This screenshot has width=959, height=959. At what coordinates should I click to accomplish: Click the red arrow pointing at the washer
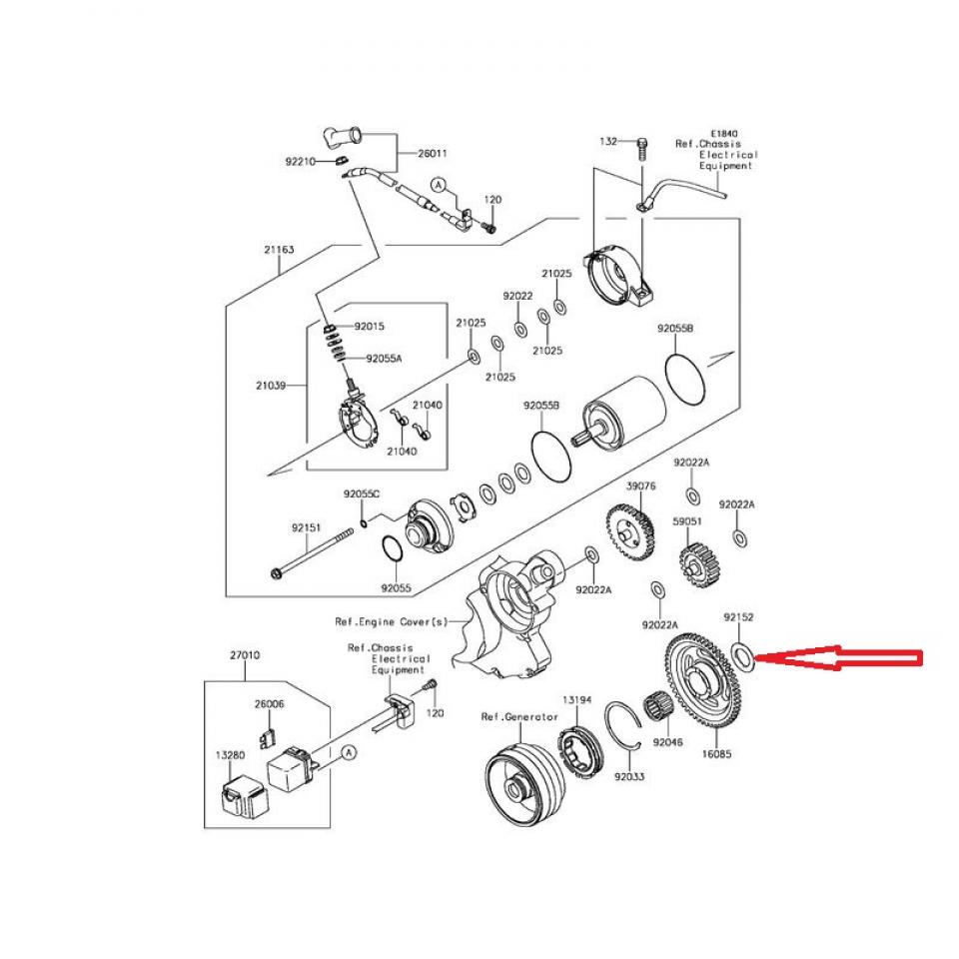coord(839,658)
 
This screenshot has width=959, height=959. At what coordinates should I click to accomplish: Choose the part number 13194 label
coord(577,700)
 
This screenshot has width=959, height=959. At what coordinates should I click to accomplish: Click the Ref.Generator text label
coord(519,716)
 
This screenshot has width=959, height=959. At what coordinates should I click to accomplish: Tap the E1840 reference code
coord(723,132)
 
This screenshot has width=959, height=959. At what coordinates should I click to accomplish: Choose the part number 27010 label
coord(245,656)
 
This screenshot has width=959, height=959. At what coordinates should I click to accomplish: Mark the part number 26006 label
coord(269,703)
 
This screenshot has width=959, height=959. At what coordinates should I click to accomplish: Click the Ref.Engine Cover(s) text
coord(392,621)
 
